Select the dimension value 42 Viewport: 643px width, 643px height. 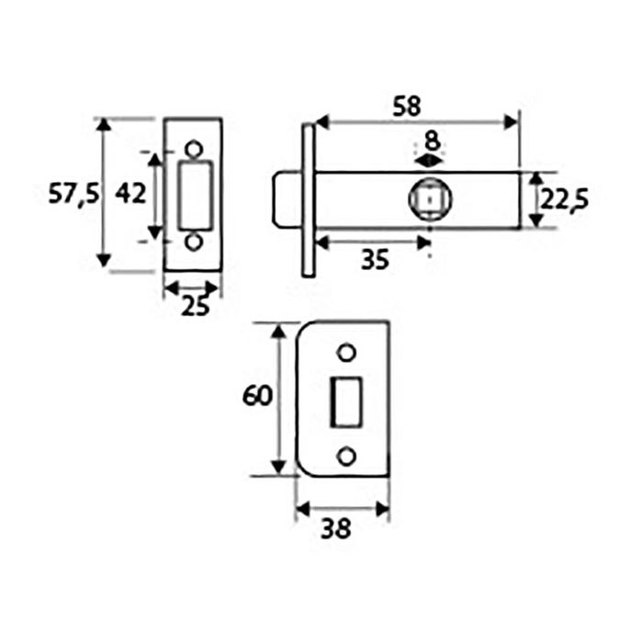pos(130,194)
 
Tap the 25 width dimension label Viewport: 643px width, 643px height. pos(194,307)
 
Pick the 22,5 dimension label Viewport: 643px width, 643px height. pos(562,199)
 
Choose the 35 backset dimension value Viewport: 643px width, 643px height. pos(374,260)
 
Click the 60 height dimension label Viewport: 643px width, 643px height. pos(257,397)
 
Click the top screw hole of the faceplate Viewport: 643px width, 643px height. pos(194,148)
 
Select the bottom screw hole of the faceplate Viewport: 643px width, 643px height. pos(194,242)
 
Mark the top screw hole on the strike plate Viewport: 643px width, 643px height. pos(346,353)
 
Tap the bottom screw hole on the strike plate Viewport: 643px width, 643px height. pos(346,457)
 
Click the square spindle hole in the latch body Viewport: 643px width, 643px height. pos(429,199)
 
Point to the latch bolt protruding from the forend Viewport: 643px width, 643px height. pos(287,199)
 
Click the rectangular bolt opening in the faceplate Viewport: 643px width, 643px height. pos(195,195)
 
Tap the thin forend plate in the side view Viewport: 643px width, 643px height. pos(309,199)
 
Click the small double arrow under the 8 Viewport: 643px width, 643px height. pos(429,160)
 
